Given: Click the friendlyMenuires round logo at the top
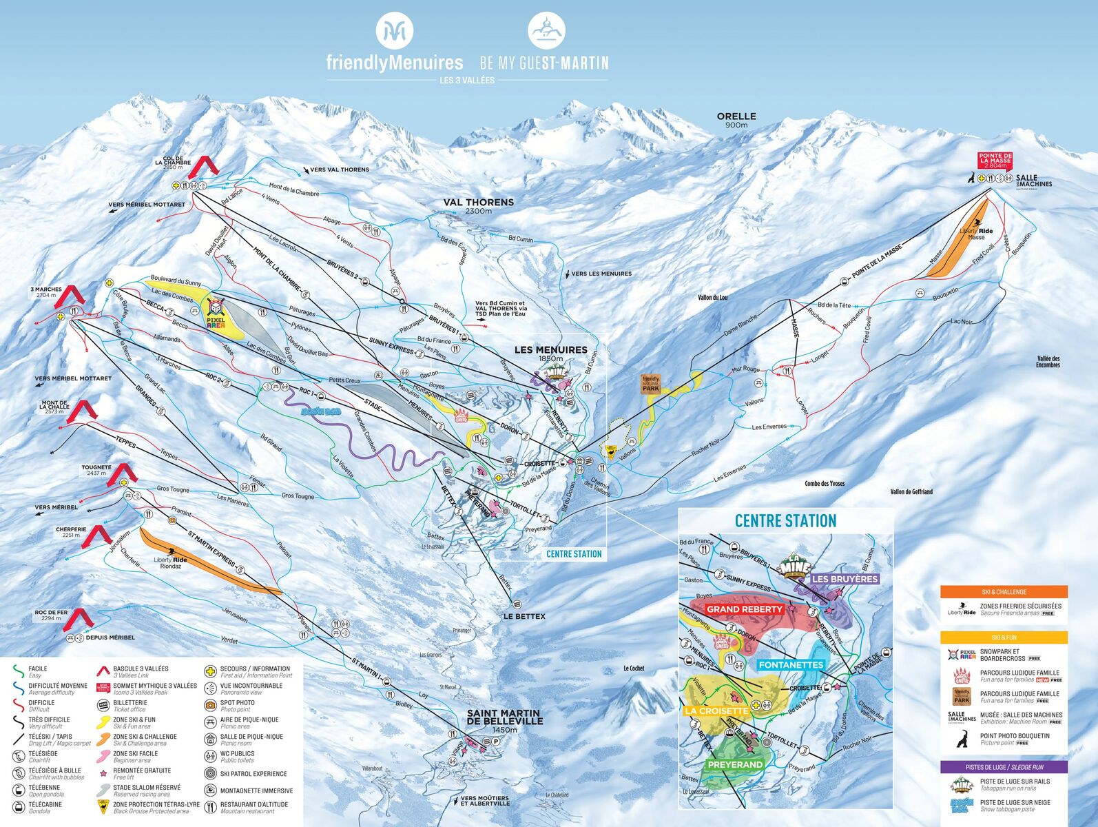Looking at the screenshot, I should click(394, 32).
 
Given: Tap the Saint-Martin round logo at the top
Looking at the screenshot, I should click(546, 32).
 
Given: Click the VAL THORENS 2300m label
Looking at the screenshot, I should click(478, 205).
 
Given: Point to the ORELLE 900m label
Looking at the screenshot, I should click(736, 120).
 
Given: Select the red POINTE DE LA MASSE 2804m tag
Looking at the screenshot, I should click(995, 161).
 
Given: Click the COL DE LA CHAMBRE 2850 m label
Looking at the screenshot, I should click(173, 163).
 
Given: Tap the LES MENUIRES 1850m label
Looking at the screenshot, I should click(550, 353).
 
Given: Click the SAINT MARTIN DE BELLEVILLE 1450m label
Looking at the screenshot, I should click(504, 720).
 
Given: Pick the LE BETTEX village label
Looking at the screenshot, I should click(524, 616).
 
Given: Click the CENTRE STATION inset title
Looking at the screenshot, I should click(785, 521).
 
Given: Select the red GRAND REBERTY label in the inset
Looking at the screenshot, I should click(745, 609).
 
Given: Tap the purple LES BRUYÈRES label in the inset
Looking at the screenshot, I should click(845, 579).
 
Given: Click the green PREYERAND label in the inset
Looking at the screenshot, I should click(735, 764).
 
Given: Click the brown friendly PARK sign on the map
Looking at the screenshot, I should click(651, 384).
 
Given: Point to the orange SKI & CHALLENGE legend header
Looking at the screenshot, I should click(1004, 591).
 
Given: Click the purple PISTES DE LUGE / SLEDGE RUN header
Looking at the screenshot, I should click(1004, 767).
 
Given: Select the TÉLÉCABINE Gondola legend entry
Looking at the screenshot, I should click(45, 807).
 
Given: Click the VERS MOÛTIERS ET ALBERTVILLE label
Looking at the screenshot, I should click(486, 800).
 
